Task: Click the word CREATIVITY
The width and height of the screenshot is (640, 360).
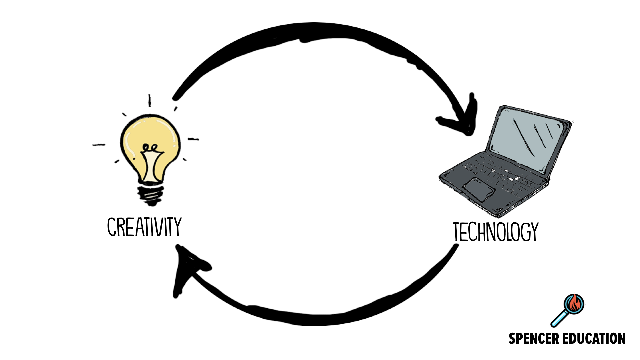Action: point(144,227)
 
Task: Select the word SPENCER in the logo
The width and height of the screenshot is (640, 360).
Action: point(534,338)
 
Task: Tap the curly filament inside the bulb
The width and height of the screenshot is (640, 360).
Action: point(150,147)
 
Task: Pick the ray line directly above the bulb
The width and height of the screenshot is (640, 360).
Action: point(150,100)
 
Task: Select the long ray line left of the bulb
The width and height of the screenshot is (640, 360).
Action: point(99,145)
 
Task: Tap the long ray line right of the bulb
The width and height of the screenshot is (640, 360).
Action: point(193,139)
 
